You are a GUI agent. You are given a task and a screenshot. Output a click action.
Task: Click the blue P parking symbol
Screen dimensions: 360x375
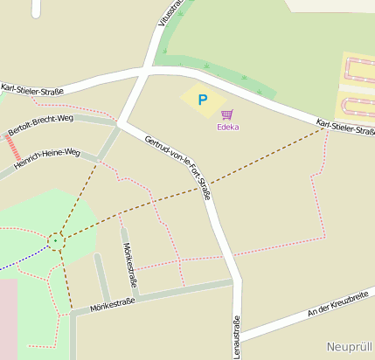pos(203,100)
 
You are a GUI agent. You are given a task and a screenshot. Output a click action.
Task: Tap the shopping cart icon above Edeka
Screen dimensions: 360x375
pos(227,114)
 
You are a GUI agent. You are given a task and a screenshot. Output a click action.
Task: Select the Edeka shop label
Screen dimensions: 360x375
pos(227,127)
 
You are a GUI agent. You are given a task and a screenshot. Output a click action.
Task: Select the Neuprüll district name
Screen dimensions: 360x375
pos(350,347)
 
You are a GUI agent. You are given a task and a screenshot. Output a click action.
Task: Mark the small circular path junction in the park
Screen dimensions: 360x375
pos(56,239)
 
